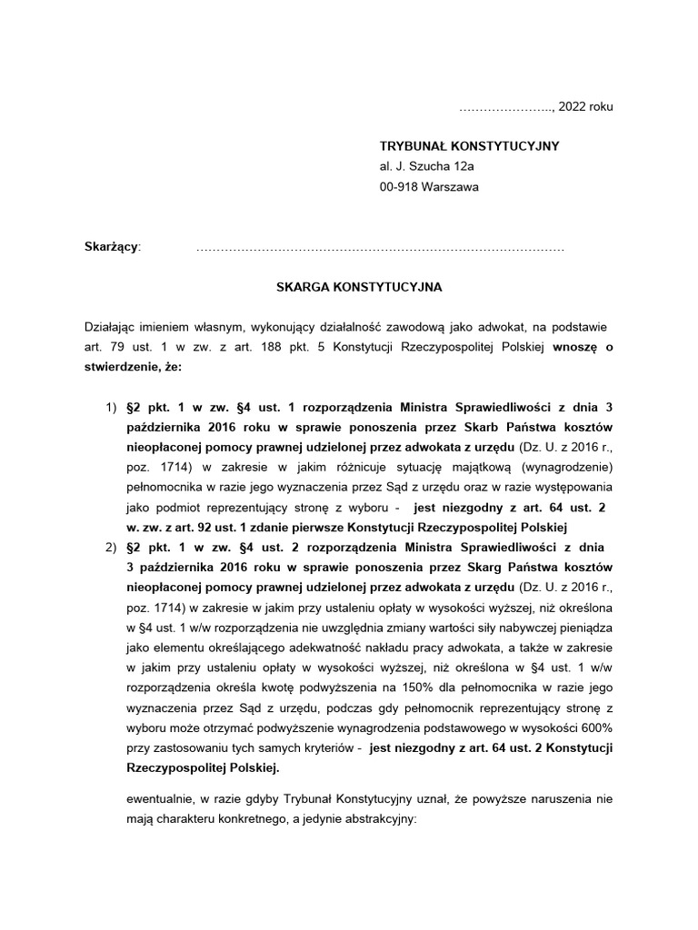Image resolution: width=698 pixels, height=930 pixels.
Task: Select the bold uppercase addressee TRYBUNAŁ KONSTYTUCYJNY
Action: click(x=469, y=145)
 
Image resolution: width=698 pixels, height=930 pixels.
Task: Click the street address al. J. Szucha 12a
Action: click(x=427, y=166)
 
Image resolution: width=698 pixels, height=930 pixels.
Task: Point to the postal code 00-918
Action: click(x=401, y=187)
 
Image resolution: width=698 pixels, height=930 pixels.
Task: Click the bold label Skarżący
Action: click(x=111, y=246)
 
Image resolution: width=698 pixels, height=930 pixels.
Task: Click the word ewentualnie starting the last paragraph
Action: click(x=163, y=799)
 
